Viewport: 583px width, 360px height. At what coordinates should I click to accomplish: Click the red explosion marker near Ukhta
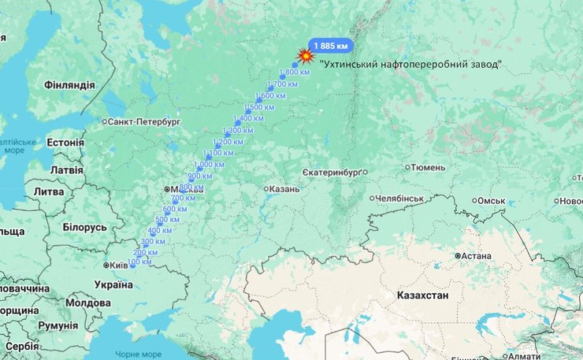click(x=305, y=57)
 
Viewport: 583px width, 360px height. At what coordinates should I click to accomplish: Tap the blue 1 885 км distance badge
click(x=330, y=45)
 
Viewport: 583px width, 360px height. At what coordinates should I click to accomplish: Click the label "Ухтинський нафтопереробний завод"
click(x=410, y=64)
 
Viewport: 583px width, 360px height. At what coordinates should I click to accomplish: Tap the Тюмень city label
click(x=428, y=167)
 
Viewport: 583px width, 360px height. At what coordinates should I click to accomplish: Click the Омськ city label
click(x=492, y=201)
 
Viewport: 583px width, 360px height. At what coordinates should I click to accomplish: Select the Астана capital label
click(x=477, y=256)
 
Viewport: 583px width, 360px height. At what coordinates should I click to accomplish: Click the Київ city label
click(x=119, y=265)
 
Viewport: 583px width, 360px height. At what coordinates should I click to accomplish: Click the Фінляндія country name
click(x=69, y=85)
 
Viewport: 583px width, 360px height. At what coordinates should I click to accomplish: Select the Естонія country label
click(x=65, y=143)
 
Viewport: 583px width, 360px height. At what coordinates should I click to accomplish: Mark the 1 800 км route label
click(x=295, y=72)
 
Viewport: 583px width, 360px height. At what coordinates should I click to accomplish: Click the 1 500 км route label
click(x=259, y=107)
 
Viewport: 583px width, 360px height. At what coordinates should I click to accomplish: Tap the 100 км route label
click(x=139, y=262)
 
